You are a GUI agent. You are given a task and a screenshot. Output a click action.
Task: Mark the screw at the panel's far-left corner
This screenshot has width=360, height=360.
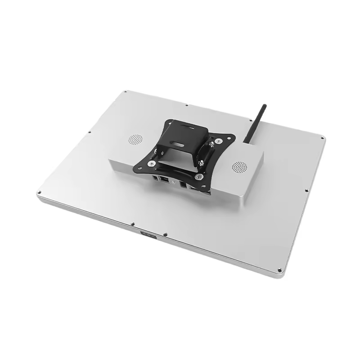pyautogui.click(x=39, y=193)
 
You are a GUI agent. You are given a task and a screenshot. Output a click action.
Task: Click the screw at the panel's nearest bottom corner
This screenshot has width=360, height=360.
pyautogui.click(x=279, y=270)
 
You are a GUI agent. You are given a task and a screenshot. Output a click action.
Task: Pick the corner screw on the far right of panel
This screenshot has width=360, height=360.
pyautogui.click(x=323, y=136)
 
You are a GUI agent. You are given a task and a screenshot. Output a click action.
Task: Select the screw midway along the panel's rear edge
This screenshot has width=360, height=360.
pyautogui.click(x=187, y=106)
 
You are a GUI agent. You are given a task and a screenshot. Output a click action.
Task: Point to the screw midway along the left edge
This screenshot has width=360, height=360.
pyautogui.click(x=90, y=132)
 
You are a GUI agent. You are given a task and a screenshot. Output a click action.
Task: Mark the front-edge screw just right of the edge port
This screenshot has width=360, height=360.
pyautogui.click(x=165, y=234)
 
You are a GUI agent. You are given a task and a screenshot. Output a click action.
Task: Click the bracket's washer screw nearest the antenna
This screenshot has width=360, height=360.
pyautogui.click(x=218, y=141)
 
